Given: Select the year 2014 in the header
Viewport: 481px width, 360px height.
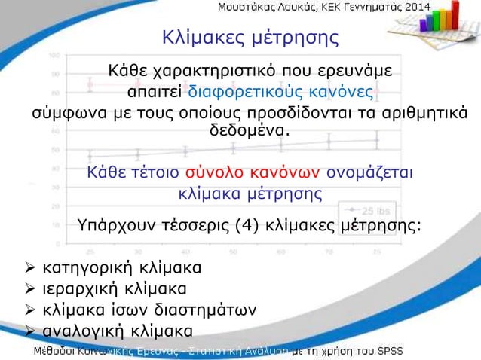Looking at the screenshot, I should (x=415, y=8).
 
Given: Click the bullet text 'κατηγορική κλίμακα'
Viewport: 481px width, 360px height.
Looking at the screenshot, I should (x=121, y=268).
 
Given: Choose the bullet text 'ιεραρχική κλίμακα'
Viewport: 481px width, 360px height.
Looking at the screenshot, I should (x=115, y=288).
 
